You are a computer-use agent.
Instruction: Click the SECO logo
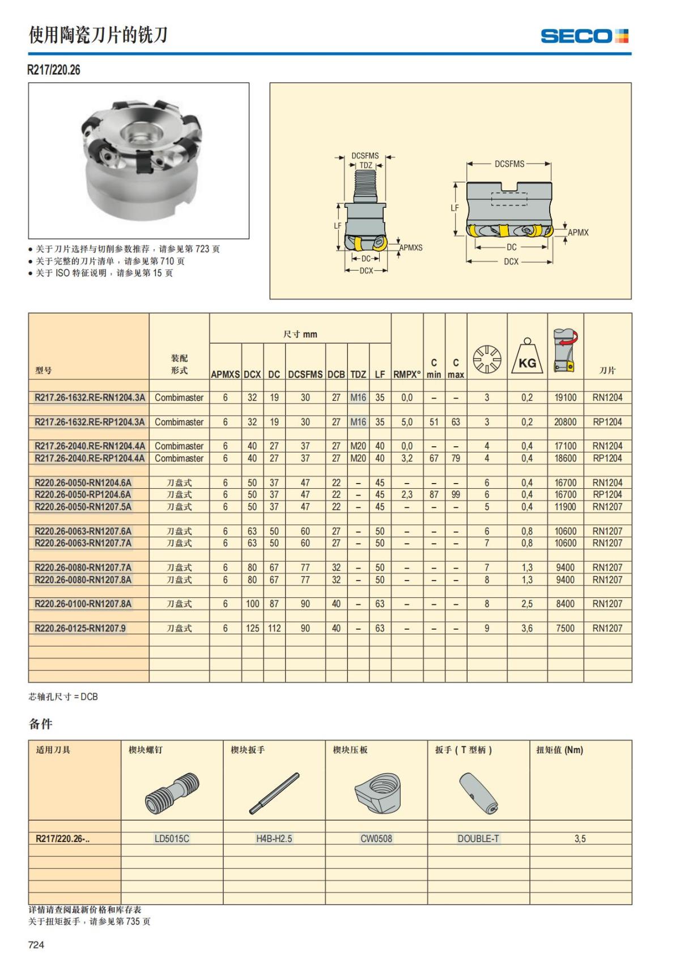[x=584, y=36]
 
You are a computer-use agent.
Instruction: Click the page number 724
[x=36, y=944]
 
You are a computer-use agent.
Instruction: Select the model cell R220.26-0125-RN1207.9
[x=80, y=628]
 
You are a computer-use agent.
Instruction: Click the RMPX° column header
[x=407, y=374]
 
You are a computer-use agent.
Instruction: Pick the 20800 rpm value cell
[x=565, y=422]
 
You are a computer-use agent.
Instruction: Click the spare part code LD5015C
[x=172, y=839]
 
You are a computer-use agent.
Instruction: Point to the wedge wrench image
[x=274, y=793]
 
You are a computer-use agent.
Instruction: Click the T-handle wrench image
[x=478, y=793]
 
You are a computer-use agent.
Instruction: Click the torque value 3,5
[x=580, y=839]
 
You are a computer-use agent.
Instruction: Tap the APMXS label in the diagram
[x=411, y=248]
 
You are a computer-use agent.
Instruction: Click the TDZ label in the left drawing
[x=366, y=165]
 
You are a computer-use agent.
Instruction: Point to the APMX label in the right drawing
[x=578, y=232]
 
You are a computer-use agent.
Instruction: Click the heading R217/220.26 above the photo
[x=54, y=70]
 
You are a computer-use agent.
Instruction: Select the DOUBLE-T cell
[x=478, y=839]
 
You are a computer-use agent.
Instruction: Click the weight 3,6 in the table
[x=527, y=628]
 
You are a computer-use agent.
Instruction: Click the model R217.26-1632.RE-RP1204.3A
[x=90, y=422]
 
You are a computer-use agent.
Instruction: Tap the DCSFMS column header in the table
[x=305, y=374]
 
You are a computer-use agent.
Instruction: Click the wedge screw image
[x=172, y=793]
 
